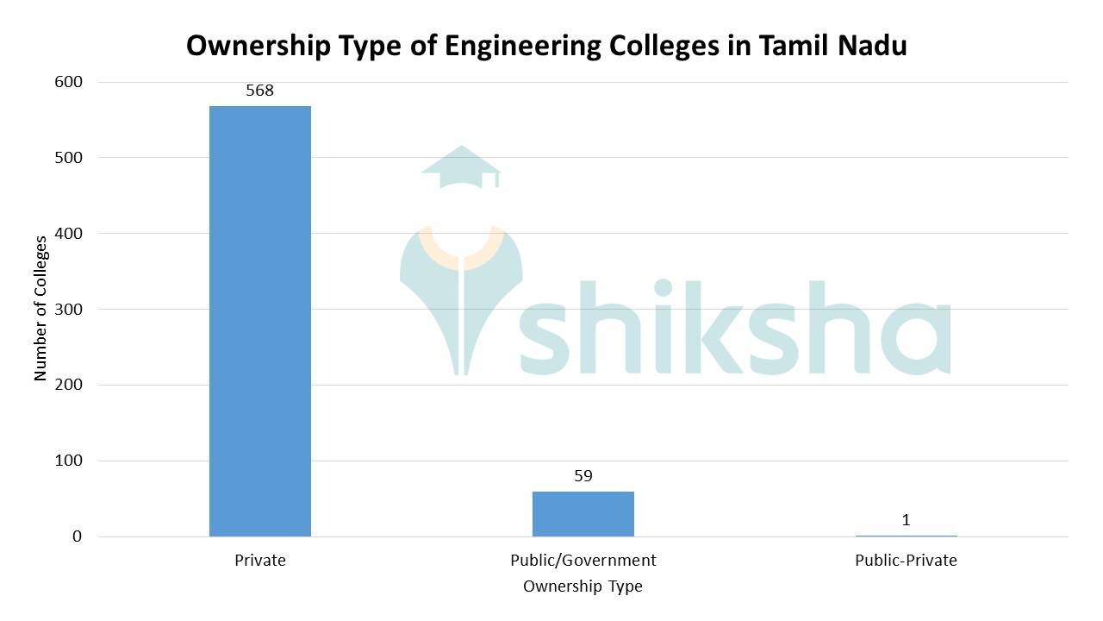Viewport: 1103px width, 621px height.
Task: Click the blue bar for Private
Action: [x=259, y=321]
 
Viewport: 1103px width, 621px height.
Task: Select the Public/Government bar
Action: [x=583, y=514]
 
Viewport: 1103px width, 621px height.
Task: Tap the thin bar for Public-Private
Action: [x=906, y=536]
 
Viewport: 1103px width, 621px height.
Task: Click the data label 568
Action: [x=259, y=91]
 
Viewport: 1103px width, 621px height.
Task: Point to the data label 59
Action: [x=583, y=476]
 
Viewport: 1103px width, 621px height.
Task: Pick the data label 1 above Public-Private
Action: [x=906, y=520]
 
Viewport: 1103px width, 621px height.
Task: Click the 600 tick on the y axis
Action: [x=68, y=82]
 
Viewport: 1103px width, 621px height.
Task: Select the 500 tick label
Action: [x=68, y=158]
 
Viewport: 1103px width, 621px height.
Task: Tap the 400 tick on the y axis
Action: [x=68, y=234]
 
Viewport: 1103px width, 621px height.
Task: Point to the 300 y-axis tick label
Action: [x=68, y=309]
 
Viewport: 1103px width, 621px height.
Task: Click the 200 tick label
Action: [x=68, y=385]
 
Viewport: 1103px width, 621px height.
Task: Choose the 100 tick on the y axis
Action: [x=68, y=461]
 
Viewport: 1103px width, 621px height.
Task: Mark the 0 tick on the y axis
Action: [x=77, y=536]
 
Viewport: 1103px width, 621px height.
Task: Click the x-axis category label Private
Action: [x=259, y=561]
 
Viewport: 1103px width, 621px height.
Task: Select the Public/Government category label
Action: [x=583, y=561]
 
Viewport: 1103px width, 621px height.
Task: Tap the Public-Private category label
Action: [x=906, y=561]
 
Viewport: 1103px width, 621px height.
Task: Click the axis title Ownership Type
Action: [x=583, y=586]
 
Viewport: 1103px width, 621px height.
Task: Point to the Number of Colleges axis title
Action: [x=41, y=308]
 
